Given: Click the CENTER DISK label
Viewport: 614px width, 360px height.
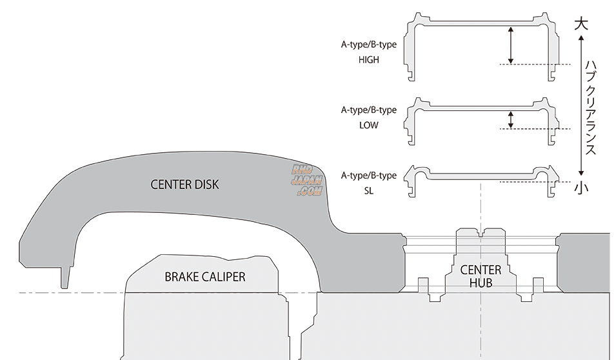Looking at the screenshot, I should (184, 185).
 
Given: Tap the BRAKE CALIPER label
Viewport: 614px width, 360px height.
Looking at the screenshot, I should (205, 277).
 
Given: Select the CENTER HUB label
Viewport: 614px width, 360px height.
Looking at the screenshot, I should (480, 275).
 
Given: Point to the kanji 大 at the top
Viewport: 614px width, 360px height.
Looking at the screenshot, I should (581, 25).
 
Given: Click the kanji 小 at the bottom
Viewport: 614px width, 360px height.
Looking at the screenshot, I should (581, 188).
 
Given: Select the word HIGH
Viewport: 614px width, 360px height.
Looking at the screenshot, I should (369, 59).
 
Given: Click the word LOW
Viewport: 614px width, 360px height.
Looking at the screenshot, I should (369, 125).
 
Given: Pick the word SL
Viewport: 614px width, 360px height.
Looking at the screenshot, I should (369, 192).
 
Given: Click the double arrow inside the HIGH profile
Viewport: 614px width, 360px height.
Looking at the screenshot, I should (510, 45).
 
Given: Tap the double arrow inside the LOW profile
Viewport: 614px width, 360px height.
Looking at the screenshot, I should (510, 119).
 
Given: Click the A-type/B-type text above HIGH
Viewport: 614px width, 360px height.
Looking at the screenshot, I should (369, 45).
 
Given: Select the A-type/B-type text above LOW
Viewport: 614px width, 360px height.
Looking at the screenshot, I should (369, 110).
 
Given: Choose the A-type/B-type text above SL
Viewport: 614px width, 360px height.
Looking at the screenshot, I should (369, 175).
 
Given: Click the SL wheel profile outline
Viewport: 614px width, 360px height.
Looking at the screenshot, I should (480, 174).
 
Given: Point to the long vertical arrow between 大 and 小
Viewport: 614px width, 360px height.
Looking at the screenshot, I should (582, 106).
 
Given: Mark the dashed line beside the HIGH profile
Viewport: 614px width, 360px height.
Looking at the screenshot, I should (535, 65).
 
